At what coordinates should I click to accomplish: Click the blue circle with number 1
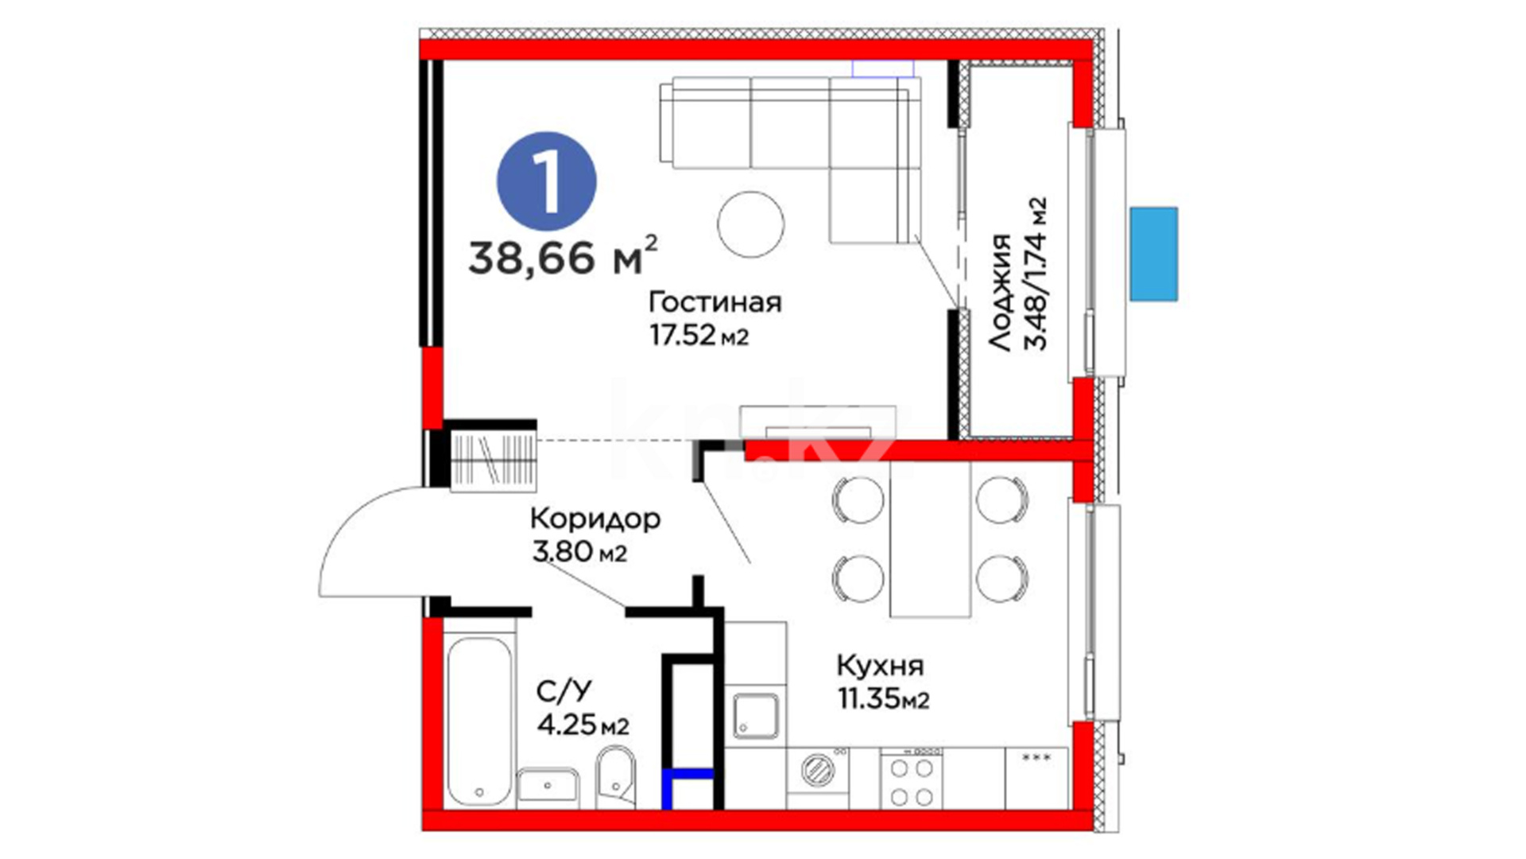coord(547,181)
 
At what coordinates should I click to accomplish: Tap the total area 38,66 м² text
coord(563,255)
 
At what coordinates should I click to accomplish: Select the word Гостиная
coord(715,302)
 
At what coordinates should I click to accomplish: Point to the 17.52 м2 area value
coord(699,335)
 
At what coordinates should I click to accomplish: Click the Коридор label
coord(595,519)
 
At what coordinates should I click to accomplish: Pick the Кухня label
coord(880,666)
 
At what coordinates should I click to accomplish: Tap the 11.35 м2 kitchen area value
coord(883,699)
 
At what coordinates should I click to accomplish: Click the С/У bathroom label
coord(564,691)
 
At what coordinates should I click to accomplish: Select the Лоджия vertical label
coord(1000,293)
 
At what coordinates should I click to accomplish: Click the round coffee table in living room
coord(750,224)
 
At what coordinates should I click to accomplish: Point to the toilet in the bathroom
coord(615,775)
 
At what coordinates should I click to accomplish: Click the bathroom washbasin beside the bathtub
coord(548,786)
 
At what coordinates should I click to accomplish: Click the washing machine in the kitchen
coord(818,769)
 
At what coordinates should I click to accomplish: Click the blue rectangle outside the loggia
coord(1153,254)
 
